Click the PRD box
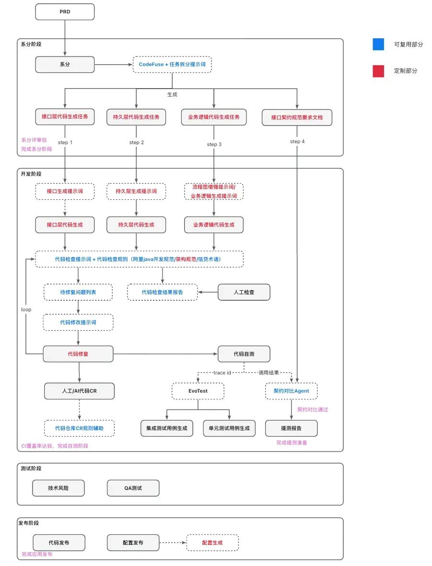click(65, 12)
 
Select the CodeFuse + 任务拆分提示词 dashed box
click(172, 64)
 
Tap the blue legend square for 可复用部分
click(378, 44)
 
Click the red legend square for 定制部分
click(378, 71)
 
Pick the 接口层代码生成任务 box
click(65, 117)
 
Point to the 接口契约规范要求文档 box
click(297, 117)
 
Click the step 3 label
click(214, 144)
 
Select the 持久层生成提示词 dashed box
click(136, 192)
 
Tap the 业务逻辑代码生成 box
click(214, 225)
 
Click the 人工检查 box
click(244, 292)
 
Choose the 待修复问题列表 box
click(78, 292)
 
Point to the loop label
click(26, 309)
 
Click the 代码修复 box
click(78, 354)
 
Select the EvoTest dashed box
click(198, 391)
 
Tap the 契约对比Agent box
click(292, 391)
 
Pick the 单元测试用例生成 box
click(229, 428)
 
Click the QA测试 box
click(133, 488)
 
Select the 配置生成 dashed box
click(212, 543)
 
